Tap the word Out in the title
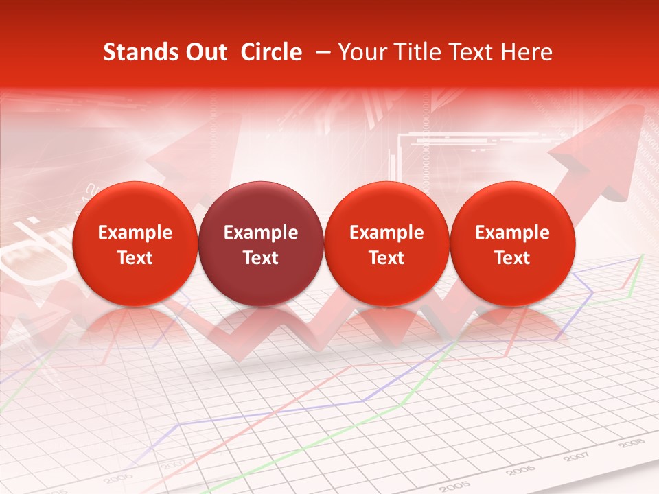tap(204, 52)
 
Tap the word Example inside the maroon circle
tap(260, 233)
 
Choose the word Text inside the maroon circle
tap(260, 258)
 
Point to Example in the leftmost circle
tap(135, 233)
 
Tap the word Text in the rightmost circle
tap(512, 258)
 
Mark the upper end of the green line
tap(643, 255)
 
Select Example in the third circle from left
tap(386, 233)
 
